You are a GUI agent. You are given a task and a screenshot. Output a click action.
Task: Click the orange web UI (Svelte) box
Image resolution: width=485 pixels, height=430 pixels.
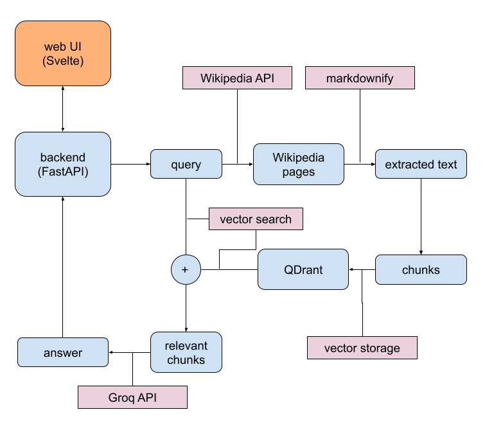click(x=63, y=53)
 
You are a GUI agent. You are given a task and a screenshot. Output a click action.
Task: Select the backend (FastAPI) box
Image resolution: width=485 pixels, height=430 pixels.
click(x=63, y=164)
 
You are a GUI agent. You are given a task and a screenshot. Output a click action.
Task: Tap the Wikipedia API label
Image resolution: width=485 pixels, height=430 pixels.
click(x=237, y=78)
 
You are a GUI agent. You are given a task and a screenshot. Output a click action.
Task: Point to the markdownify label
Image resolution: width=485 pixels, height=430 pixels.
click(x=360, y=78)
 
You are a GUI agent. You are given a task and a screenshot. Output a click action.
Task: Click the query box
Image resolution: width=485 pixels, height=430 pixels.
click(x=186, y=164)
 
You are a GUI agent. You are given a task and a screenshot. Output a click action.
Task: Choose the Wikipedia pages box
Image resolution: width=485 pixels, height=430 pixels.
click(x=299, y=164)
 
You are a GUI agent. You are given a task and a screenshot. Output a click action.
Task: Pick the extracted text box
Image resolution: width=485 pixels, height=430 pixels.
click(x=421, y=165)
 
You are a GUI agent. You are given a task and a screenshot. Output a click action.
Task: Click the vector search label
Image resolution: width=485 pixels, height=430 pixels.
click(x=256, y=219)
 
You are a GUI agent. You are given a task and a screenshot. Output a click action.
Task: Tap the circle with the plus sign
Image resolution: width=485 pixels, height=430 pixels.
click(x=186, y=269)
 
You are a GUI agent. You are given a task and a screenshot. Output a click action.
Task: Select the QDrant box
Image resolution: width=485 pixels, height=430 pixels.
click(x=303, y=269)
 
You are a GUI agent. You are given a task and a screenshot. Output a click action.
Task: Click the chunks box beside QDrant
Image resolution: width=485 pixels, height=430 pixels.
click(x=421, y=269)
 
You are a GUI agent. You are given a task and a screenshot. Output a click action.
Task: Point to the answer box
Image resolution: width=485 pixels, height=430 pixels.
click(x=63, y=352)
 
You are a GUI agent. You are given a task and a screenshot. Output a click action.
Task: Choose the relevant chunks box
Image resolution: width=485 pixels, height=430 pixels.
click(x=186, y=352)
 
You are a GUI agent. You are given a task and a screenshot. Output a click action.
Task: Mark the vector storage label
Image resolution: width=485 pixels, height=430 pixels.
click(x=362, y=348)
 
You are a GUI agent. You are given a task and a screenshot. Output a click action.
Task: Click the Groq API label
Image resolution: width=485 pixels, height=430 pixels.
click(x=132, y=397)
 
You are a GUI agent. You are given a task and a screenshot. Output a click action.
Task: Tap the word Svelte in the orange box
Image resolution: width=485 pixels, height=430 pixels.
click(x=63, y=62)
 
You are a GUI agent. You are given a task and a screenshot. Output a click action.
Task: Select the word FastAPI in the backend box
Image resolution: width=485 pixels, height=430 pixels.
click(x=63, y=172)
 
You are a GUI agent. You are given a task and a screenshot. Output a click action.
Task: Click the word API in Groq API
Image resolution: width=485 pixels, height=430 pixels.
click(x=146, y=397)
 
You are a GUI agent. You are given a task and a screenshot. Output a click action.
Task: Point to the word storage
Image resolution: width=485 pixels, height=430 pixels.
click(x=379, y=348)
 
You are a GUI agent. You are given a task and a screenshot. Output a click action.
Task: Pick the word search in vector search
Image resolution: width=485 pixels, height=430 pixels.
click(x=274, y=219)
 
